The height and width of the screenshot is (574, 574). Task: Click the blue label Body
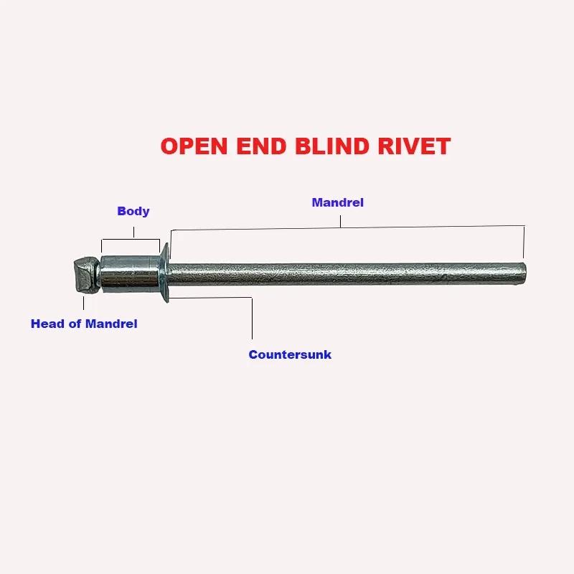[x=133, y=211]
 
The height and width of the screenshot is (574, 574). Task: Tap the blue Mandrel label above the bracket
[x=337, y=202]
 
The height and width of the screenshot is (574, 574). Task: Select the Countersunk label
[x=290, y=354]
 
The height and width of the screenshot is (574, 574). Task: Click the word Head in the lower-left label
[x=47, y=324]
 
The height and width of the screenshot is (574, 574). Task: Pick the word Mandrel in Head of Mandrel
[x=111, y=324]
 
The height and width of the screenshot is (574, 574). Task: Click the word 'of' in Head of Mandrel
[x=74, y=324]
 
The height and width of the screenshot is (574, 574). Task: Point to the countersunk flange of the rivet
[x=164, y=273]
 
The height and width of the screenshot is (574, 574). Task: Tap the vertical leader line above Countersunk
[x=252, y=319]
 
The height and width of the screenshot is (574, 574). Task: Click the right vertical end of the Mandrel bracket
[x=524, y=242]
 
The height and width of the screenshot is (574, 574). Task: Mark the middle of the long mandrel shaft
[x=344, y=273]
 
